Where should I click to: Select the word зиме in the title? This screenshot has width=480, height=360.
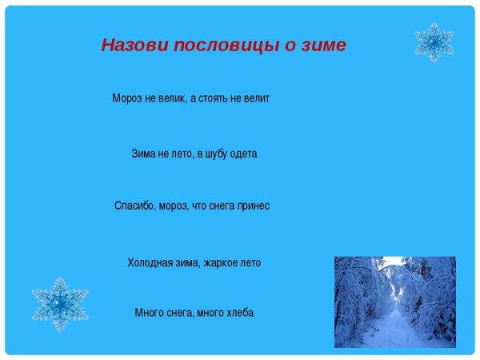click(x=322, y=46)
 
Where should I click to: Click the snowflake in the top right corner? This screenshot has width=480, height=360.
click(x=434, y=42)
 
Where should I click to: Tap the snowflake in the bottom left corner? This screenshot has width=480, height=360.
click(x=60, y=304)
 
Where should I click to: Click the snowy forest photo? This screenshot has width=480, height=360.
click(x=394, y=302)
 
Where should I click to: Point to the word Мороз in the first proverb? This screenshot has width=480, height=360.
click(x=126, y=99)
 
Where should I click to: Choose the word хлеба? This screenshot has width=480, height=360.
click(x=238, y=313)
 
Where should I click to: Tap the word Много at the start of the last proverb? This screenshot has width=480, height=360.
click(x=149, y=313)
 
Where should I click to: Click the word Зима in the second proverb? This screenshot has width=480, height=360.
click(x=143, y=154)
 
